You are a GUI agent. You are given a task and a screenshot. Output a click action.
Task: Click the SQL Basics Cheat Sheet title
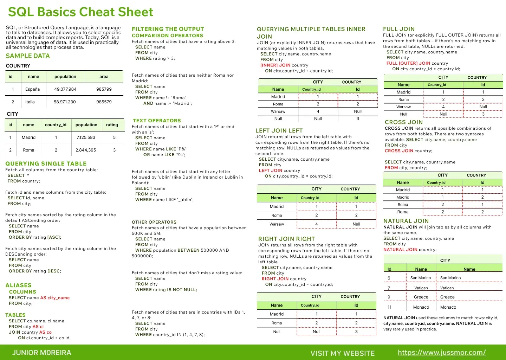coord(80,12)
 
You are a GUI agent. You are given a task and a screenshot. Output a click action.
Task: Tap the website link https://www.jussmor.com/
coord(442,353)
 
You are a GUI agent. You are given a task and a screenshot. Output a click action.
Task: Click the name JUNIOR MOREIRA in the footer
coord(41,353)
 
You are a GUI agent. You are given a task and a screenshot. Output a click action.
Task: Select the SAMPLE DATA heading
coord(28,56)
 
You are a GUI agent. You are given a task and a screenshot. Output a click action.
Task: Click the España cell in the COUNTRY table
coord(32,89)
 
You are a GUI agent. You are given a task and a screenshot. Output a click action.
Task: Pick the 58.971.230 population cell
coord(65,102)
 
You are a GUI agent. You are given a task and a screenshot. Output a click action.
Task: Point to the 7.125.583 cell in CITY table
coord(86,137)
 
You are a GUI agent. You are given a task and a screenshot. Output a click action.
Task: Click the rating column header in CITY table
coord(112,125)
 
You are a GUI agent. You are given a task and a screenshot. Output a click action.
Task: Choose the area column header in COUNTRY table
coord(104,77)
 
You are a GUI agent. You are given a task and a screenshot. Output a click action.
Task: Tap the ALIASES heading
coord(19,285)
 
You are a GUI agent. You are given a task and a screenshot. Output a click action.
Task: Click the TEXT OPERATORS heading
coord(157,121)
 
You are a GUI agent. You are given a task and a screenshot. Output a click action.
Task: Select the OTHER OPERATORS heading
coord(154,222)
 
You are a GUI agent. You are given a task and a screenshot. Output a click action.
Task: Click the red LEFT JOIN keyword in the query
coord(271,171)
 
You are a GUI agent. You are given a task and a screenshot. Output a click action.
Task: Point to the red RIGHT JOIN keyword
coord(275,279)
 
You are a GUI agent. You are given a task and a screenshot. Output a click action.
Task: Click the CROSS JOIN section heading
coord(404,122)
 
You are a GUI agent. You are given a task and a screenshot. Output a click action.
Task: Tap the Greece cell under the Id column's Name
coord(421,297)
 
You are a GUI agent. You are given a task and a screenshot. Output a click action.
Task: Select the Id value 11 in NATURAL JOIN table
coord(389,307)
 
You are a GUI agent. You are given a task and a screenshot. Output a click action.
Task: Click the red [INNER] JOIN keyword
coord(275,65)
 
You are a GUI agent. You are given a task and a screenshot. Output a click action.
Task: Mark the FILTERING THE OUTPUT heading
coord(168,29)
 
